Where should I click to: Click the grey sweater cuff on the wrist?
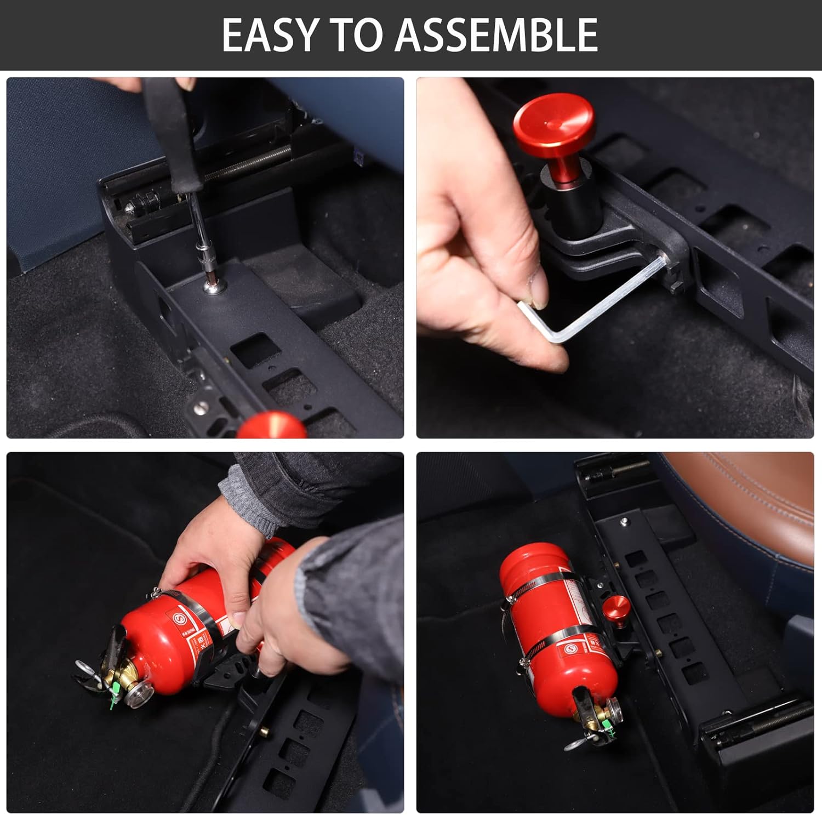pyautogui.click(x=247, y=496)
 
